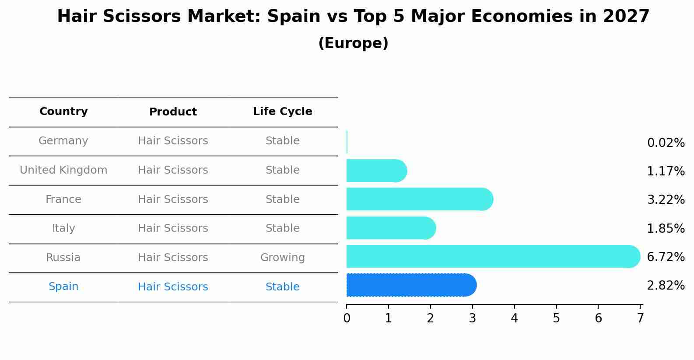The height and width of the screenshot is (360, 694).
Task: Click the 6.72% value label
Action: (665, 257)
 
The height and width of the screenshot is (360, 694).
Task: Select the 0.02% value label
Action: (665, 143)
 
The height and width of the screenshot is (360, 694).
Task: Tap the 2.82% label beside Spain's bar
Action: (665, 286)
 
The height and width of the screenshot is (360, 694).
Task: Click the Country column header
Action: (63, 112)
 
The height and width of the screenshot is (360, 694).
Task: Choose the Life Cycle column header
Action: (282, 112)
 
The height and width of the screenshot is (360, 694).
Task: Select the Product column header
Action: (173, 112)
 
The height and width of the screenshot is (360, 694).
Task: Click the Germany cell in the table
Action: (63, 141)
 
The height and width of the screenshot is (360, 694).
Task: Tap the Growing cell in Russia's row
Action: (282, 258)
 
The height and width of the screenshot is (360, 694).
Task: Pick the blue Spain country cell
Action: (63, 287)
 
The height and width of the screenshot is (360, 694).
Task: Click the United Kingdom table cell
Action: (63, 170)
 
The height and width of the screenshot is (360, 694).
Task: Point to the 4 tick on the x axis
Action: (514, 318)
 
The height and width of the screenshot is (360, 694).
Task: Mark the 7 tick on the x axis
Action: (640, 318)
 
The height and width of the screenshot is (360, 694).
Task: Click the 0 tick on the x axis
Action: (347, 318)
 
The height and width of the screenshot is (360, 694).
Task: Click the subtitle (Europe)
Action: (353, 43)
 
